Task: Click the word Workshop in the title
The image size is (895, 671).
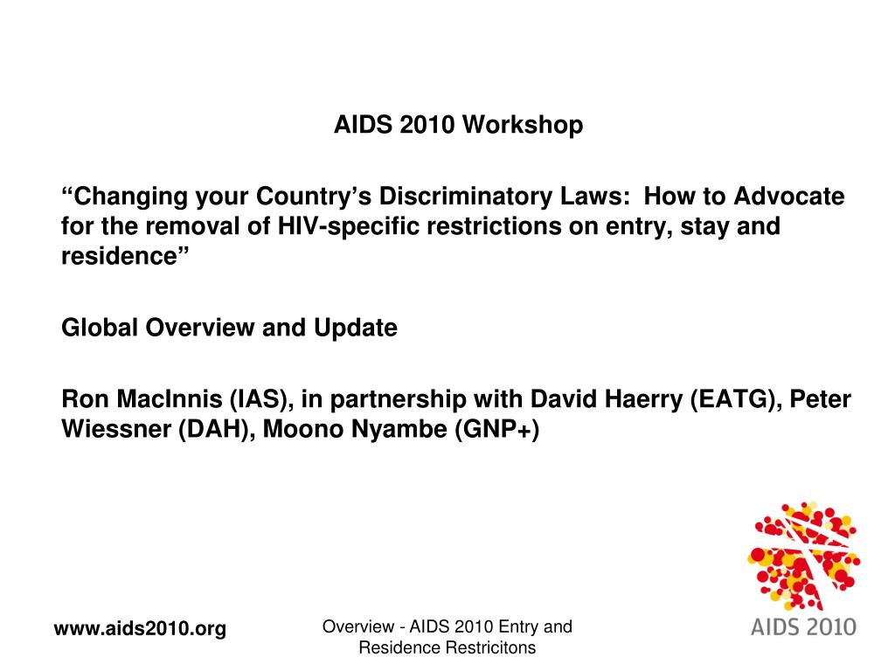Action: [x=523, y=124]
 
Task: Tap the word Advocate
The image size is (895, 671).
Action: [x=789, y=197]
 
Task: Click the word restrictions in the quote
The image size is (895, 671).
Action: [x=494, y=226]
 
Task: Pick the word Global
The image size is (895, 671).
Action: [x=100, y=328]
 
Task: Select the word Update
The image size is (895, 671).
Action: [x=356, y=329]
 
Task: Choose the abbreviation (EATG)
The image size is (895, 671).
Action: [x=736, y=399]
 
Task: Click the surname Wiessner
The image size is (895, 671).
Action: [x=116, y=429]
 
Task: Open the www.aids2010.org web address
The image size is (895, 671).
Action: [x=140, y=628]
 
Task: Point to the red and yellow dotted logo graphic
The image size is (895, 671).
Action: [x=803, y=556]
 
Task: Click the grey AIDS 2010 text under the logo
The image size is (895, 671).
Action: [x=803, y=627]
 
